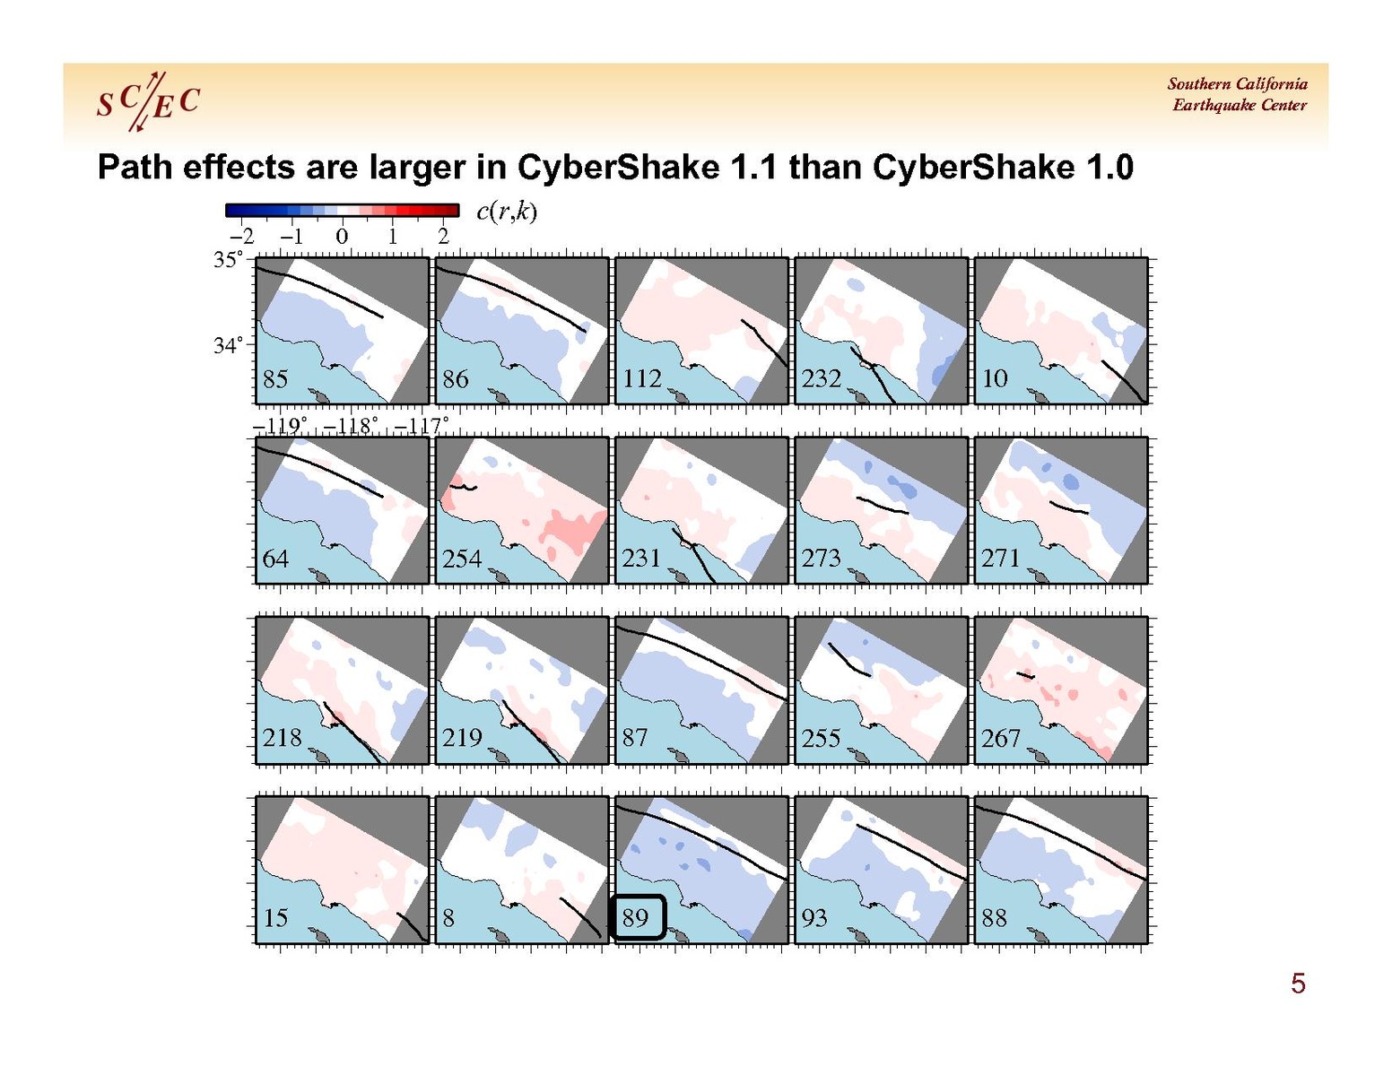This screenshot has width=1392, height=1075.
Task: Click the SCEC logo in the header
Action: pos(148,101)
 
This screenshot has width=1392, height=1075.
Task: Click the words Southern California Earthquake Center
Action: pos(1238,94)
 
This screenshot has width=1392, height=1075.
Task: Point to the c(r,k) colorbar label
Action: pos(507,212)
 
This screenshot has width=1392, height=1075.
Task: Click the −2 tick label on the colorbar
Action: pos(241,237)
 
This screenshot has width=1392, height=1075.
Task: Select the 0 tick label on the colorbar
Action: pos(342,237)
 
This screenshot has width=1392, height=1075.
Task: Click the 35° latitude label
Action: pos(228,260)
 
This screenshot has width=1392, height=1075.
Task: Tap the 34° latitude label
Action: pos(228,346)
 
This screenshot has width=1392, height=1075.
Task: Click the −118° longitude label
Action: pos(350,425)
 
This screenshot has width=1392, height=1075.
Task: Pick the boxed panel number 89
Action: pos(636,917)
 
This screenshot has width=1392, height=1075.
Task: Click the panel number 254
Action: pos(461,559)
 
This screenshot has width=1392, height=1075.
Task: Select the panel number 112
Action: pos(642,379)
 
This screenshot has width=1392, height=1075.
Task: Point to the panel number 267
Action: pos(1000,738)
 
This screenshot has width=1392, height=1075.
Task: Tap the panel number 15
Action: pos(275,918)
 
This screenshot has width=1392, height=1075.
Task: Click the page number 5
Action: pos(1298,984)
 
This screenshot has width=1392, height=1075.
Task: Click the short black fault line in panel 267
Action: pos(1026,675)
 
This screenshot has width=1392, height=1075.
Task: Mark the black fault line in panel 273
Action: pos(883,506)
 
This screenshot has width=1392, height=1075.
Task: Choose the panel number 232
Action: pos(822,379)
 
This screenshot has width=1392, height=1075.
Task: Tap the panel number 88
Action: pos(994,918)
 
